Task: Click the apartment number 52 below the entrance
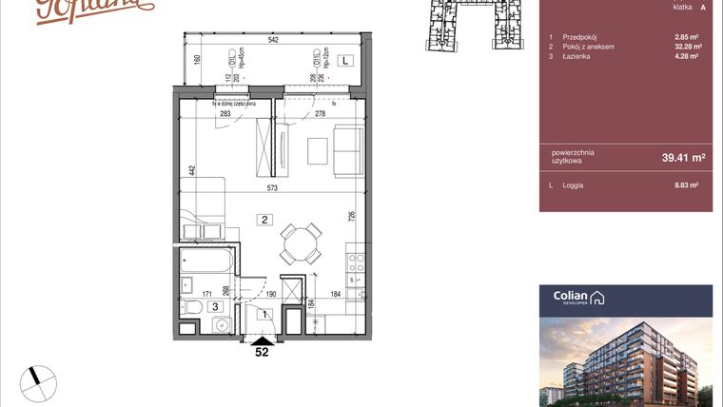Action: tap(262, 352)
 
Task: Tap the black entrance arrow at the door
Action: tap(262, 339)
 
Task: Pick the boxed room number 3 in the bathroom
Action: tap(216, 306)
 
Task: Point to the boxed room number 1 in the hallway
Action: tap(265, 314)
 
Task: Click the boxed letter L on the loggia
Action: tap(345, 60)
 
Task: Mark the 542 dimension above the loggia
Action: tap(272, 40)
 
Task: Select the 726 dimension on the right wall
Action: tap(352, 215)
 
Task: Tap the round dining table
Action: tap(301, 242)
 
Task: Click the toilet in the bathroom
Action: tap(193, 306)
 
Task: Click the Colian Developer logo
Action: tap(578, 298)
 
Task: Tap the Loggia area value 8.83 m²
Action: tap(687, 185)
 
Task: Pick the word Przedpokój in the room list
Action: tap(579, 37)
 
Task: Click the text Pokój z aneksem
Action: tap(589, 47)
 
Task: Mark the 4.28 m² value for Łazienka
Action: tap(687, 56)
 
